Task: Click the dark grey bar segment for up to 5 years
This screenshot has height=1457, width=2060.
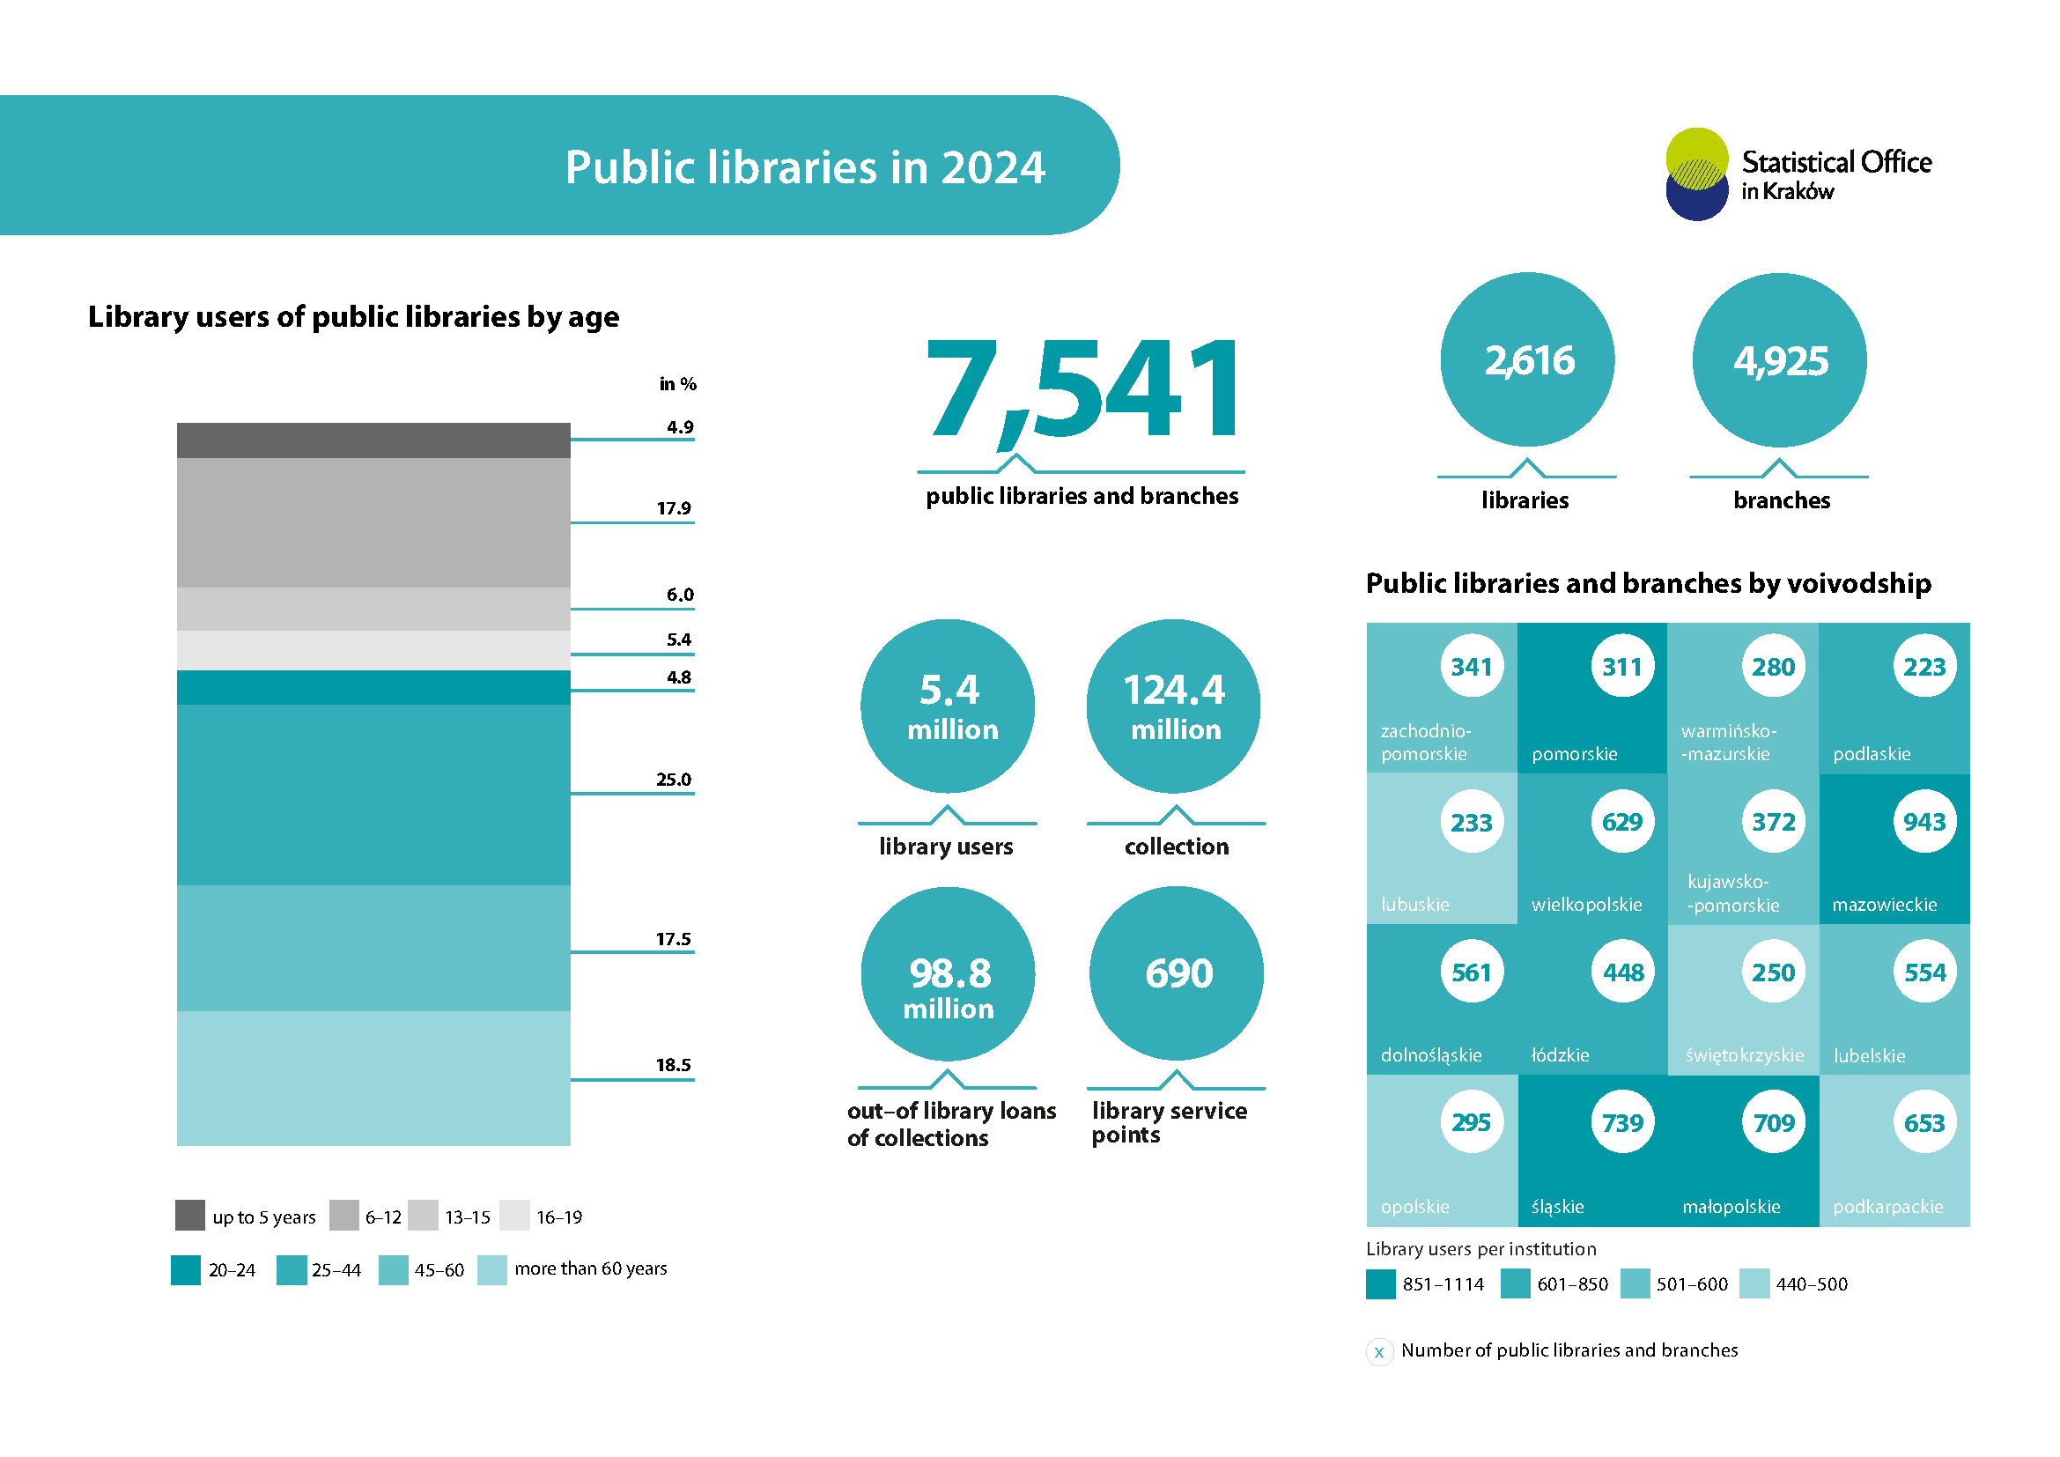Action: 373,440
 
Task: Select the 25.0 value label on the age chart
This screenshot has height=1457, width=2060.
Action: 673,780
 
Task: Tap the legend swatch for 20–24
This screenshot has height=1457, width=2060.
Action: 186,1270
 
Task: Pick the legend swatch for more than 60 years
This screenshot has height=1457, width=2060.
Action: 492,1270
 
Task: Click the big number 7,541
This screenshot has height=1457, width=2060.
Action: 1084,391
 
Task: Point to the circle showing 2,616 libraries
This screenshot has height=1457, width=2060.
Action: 1527,359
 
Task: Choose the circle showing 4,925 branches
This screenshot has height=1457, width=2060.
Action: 1779,359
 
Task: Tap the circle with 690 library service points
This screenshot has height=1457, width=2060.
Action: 1177,973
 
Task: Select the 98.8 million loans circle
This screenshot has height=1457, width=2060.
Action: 949,974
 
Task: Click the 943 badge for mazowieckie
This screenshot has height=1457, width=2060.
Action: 1924,822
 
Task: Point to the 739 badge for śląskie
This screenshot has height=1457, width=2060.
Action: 1622,1123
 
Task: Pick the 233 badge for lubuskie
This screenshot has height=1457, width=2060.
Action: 1472,822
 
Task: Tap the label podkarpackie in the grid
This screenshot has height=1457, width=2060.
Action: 1887,1208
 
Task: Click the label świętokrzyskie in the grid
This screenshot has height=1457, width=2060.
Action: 1744,1056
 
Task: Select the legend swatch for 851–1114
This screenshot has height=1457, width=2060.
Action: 1381,1283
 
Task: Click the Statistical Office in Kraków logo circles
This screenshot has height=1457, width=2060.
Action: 1696,174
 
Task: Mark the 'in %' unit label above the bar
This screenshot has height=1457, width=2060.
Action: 677,384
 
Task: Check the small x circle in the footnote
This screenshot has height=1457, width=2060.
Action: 1379,1351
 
